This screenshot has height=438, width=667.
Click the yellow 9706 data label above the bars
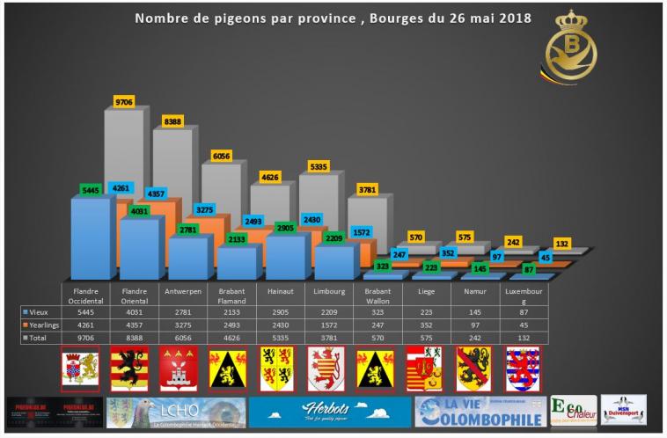124,101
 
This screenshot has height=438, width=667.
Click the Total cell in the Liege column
427,337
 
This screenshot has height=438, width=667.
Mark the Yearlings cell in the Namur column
475,324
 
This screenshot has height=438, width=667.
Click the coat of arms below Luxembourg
522,368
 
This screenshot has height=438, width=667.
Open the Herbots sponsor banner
328,412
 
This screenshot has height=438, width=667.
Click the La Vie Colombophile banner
478,412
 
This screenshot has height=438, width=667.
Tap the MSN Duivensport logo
623,409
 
